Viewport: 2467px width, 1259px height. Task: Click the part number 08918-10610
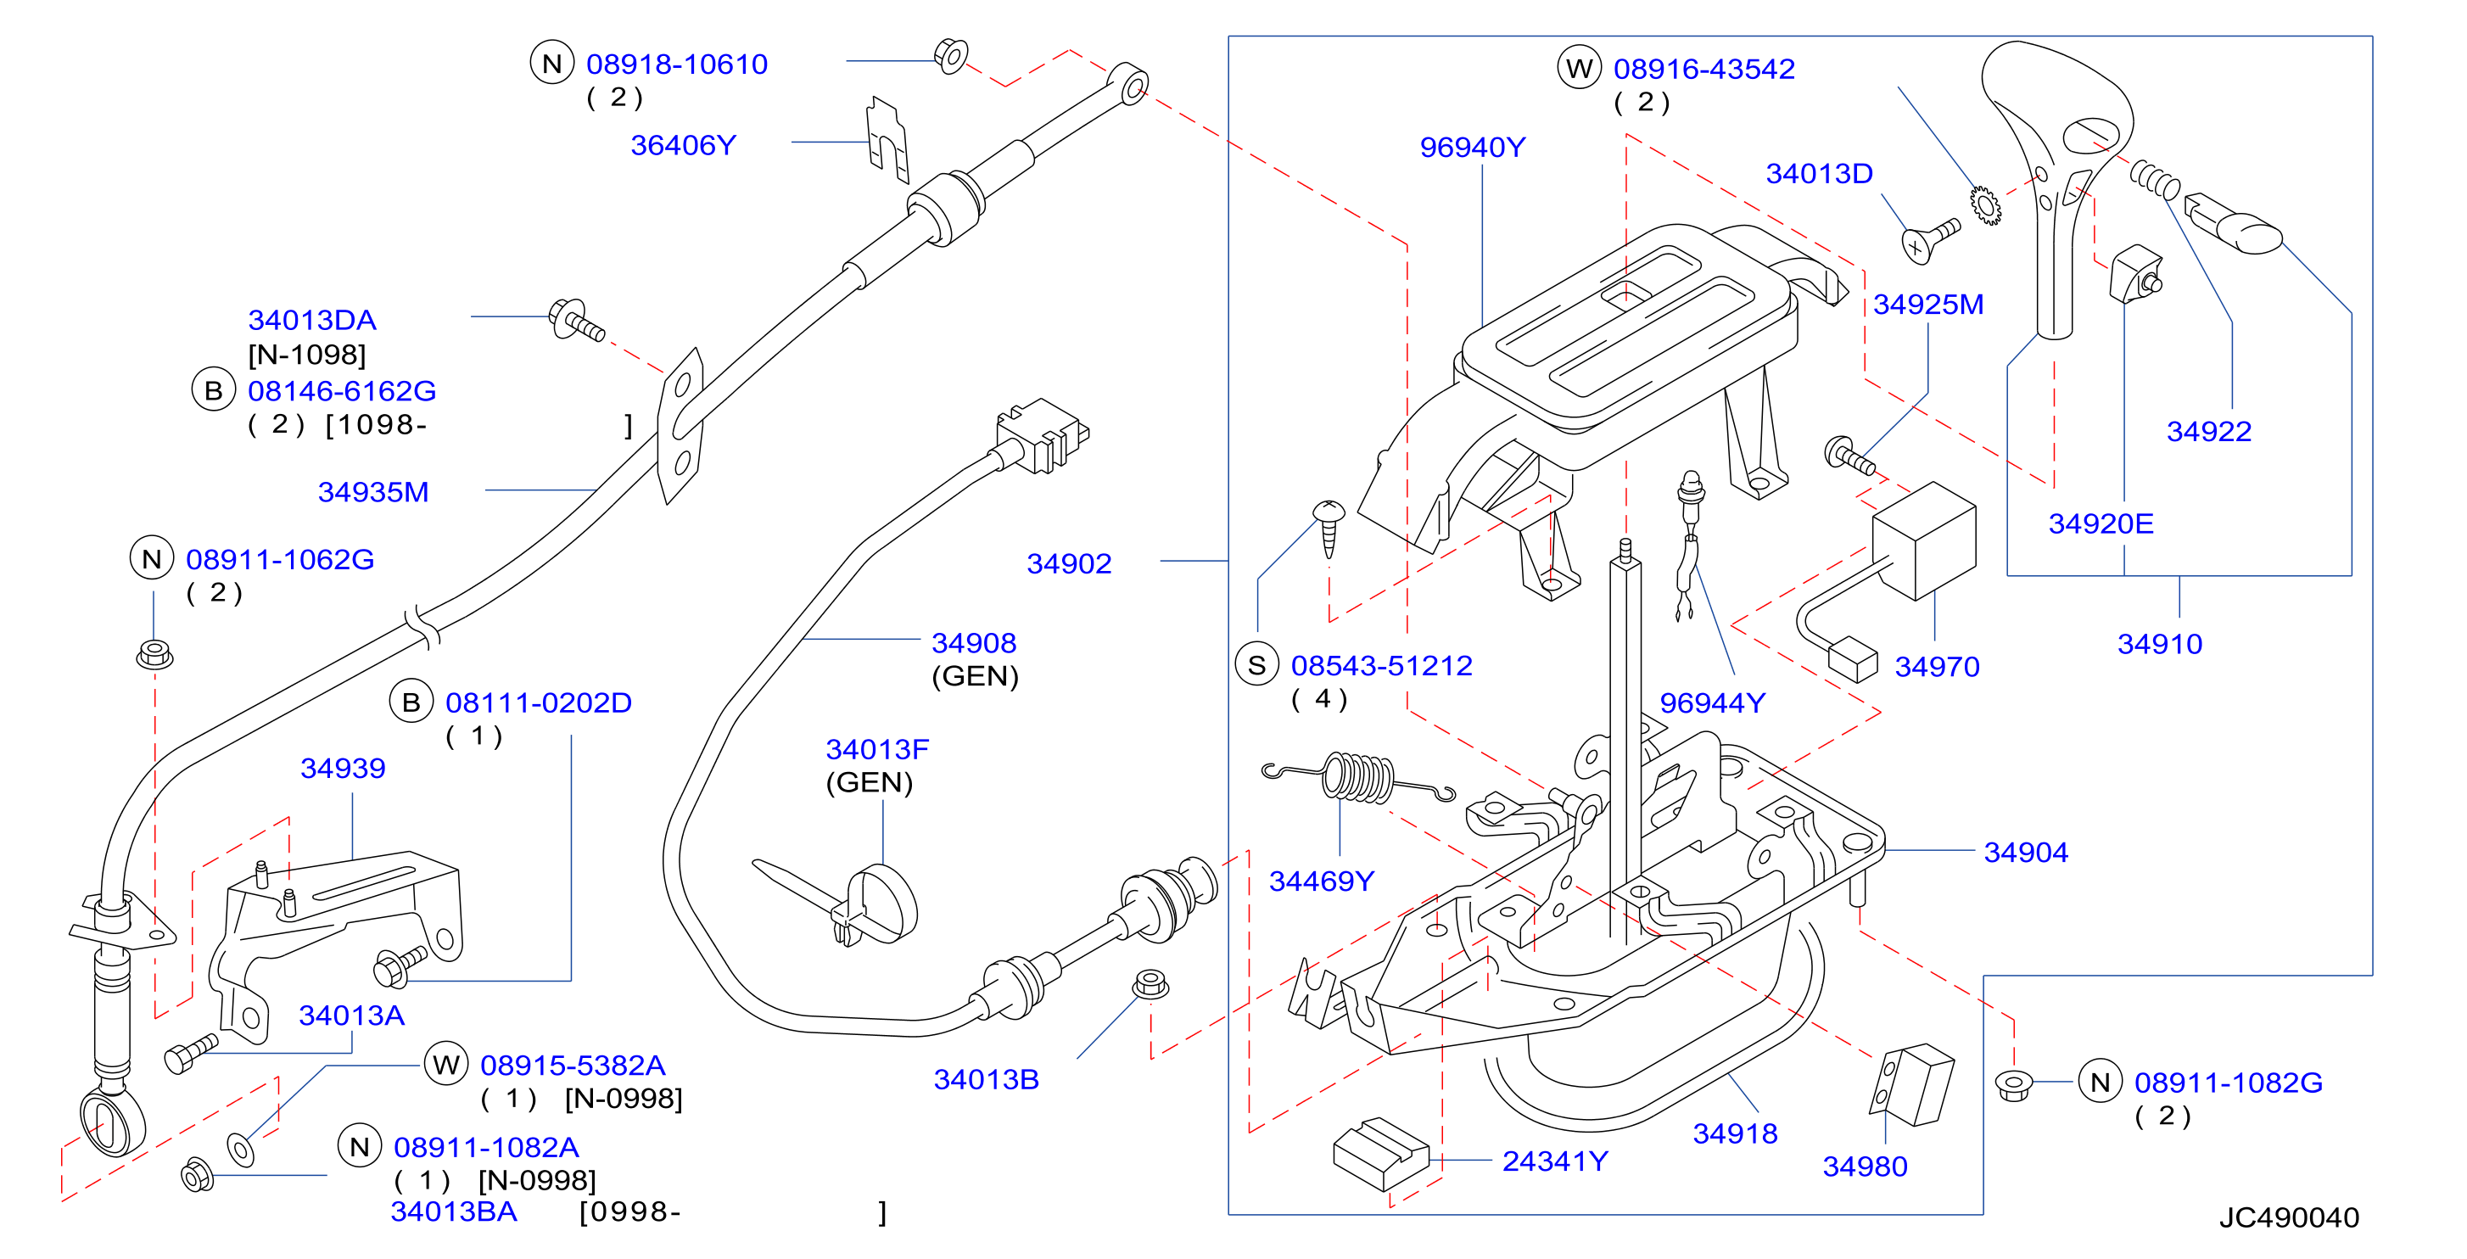click(676, 64)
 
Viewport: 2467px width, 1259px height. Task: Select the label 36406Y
click(683, 146)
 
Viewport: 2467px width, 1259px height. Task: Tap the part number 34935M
click(372, 492)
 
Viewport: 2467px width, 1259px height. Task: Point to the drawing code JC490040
click(2288, 1217)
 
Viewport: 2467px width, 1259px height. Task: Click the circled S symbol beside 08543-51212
click(1256, 664)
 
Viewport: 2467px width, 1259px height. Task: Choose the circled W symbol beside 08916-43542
click(1580, 68)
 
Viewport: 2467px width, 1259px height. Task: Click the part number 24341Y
click(1554, 1161)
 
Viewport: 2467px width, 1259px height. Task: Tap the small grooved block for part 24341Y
click(1380, 1154)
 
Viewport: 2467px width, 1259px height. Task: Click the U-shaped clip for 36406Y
click(887, 140)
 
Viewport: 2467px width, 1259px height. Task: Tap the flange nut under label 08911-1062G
click(154, 654)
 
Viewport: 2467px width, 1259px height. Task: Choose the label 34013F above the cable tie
click(876, 750)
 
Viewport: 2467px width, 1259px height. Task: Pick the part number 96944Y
click(1711, 703)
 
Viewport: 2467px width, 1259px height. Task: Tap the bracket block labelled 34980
click(1912, 1085)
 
